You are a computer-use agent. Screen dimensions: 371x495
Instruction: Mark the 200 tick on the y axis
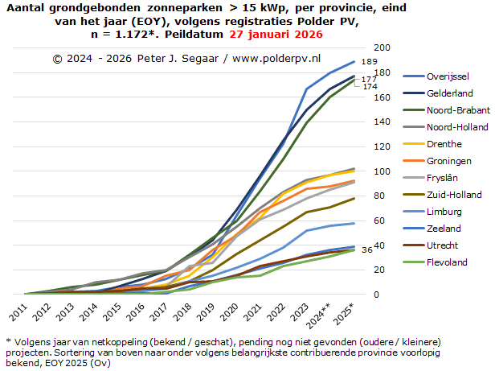pos(382,48)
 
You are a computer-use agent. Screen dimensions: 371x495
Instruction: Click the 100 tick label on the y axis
pos(382,171)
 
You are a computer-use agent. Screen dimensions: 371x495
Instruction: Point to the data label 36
pos(367,250)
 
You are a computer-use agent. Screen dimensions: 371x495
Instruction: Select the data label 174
pos(370,86)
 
